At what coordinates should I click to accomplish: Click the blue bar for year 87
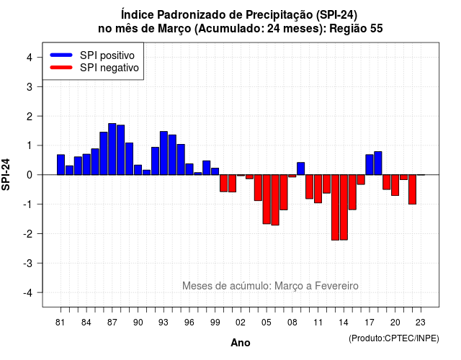[x=112, y=149]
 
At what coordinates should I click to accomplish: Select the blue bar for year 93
[x=164, y=153]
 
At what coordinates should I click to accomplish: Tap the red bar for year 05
[x=267, y=199]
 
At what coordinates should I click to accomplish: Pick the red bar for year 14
[x=344, y=207]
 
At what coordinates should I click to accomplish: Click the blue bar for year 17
[x=370, y=165]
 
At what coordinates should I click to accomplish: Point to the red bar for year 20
[x=395, y=185]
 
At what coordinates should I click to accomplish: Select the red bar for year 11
[x=318, y=189]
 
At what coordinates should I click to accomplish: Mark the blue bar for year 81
[x=61, y=165]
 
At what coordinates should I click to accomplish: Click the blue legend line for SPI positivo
[x=61, y=55]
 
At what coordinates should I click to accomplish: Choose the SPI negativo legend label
[x=109, y=68]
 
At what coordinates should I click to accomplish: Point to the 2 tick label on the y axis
[x=30, y=117]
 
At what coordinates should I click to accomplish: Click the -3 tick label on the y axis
[x=28, y=264]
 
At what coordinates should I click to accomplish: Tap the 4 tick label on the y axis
[x=30, y=58]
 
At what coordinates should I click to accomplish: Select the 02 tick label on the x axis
[x=241, y=323]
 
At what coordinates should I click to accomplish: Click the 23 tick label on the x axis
[x=421, y=323]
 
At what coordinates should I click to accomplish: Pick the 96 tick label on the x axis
[x=189, y=323]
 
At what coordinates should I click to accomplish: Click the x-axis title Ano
[x=241, y=343]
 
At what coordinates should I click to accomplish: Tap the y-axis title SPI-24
[x=6, y=174]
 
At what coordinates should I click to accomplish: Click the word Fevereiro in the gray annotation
[x=336, y=286]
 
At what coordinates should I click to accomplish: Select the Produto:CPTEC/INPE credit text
[x=394, y=338]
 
